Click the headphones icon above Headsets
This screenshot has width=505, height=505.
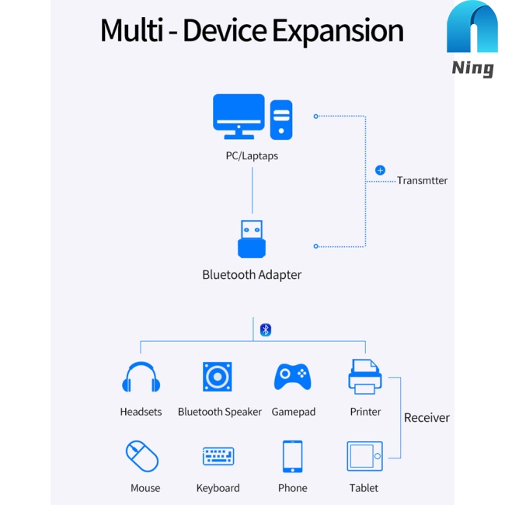pos(141,378)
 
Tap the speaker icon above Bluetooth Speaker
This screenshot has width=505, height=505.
pos(218,377)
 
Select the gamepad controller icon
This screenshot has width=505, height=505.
pos(292,377)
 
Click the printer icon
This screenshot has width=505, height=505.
pos(364,376)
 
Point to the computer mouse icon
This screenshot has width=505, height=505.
pos(142,456)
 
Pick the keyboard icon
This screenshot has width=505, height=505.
pos(218,456)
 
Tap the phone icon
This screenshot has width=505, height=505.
pos(292,456)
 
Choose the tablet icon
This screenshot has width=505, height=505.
pos(364,456)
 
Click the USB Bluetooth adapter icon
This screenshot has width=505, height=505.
pos(251,239)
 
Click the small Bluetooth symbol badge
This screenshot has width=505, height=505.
pos(265,329)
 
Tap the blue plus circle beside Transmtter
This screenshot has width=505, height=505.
pos(380,169)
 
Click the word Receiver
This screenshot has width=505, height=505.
pos(427,418)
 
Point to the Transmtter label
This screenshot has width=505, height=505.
pos(422,180)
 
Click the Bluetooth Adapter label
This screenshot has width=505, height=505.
pos(252,274)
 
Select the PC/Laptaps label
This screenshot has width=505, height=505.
pos(252,155)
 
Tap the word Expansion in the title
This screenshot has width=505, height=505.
pos(338,31)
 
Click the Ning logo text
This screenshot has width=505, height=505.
pos(472,68)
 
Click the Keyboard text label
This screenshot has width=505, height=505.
pos(218,488)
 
